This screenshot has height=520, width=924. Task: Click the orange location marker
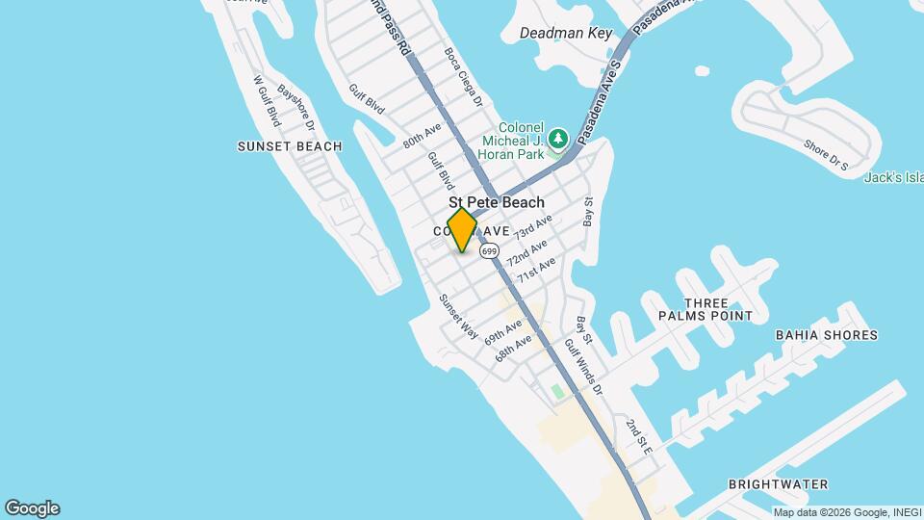pyautogui.click(x=462, y=230)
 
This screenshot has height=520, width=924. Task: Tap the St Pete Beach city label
pyautogui.click(x=496, y=202)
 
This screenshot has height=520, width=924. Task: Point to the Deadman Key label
pyautogui.click(x=566, y=33)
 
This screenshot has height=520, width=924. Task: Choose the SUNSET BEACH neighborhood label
pyautogui.click(x=290, y=146)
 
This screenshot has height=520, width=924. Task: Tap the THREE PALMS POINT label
pyautogui.click(x=706, y=309)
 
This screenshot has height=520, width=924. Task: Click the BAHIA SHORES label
pyautogui.click(x=826, y=335)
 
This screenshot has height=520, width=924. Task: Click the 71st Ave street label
pyautogui.click(x=536, y=270)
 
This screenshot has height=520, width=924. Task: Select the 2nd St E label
pyautogui.click(x=639, y=438)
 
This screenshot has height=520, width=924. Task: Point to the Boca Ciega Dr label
pyautogui.click(x=462, y=71)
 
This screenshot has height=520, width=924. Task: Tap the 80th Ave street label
pyautogui.click(x=422, y=135)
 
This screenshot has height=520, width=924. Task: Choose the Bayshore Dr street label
pyautogui.click(x=296, y=108)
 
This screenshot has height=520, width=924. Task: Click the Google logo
pyautogui.click(x=32, y=508)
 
